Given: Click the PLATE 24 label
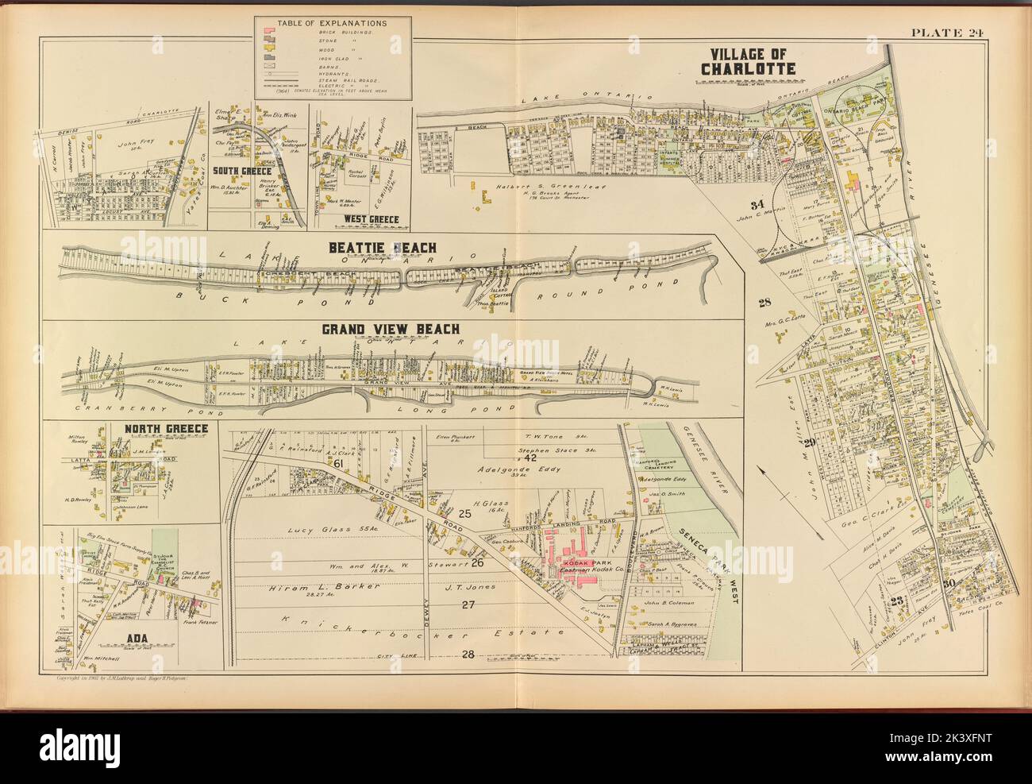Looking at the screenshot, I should click(974, 32).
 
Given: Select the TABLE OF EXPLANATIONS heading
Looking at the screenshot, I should click(327, 25).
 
